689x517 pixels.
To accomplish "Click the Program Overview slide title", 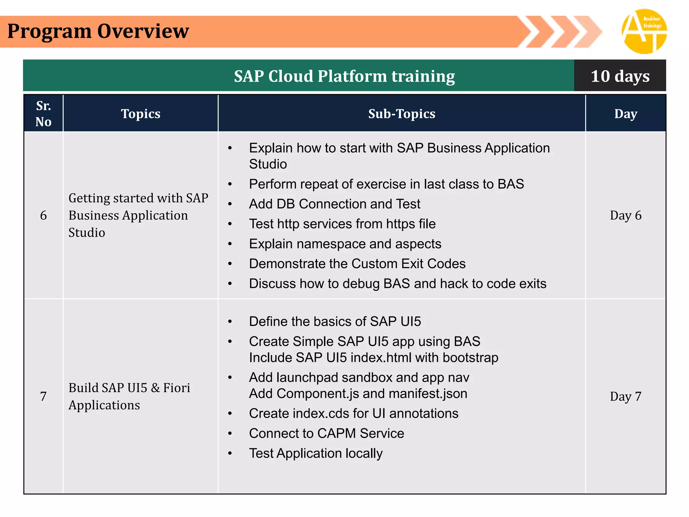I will (98, 31).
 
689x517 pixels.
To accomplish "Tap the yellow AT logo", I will (644, 31).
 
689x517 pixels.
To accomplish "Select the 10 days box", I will (620, 76).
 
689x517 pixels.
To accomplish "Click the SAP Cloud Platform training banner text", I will (344, 76).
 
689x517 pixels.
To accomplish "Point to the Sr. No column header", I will (43, 114).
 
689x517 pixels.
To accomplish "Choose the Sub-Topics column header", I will (401, 114).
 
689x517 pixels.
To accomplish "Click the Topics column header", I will (141, 114).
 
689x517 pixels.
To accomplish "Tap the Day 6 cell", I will (625, 215).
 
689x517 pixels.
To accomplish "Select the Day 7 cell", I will (625, 397).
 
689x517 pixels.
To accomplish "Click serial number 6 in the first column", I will (43, 215).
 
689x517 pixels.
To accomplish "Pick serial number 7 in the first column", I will (43, 397).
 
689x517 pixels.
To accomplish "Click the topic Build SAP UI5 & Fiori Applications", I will (129, 396).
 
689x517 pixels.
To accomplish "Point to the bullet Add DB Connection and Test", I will (334, 204).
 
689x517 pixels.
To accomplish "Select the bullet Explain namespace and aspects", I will (345, 244).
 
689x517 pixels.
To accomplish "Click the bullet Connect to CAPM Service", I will (326, 433).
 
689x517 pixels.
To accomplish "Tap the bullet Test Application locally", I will (316, 453).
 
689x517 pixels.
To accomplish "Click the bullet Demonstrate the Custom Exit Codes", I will (357, 264).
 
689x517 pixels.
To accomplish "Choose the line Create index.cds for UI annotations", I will (353, 413).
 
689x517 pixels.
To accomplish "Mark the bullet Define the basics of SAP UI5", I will (335, 321).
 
